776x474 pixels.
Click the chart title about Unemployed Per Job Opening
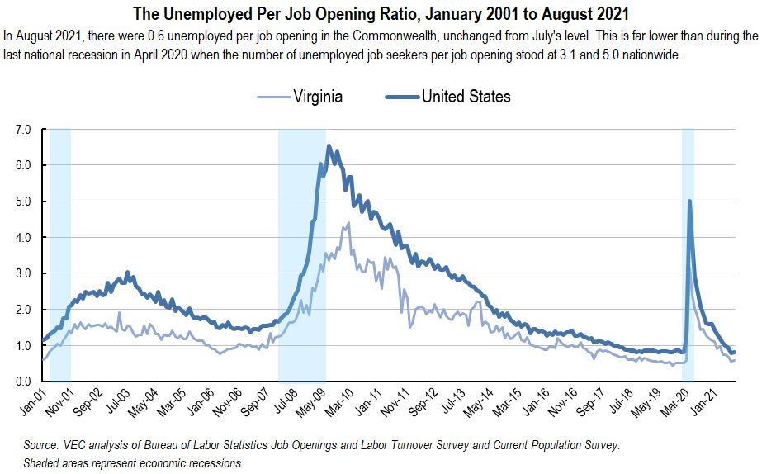pyautogui.click(x=387, y=13)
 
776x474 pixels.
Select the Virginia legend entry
pyautogui.click(x=317, y=97)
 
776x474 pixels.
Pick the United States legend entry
pyautogui.click(x=466, y=97)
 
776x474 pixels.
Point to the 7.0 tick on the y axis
pyautogui.click(x=23, y=130)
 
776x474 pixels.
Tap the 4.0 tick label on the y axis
pyautogui.click(x=23, y=238)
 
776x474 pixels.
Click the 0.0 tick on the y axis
pyautogui.click(x=23, y=382)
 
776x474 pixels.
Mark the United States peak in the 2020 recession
pyautogui.click(x=689, y=201)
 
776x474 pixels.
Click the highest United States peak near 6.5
pyautogui.click(x=329, y=146)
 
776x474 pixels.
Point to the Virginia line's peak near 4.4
pyautogui.click(x=348, y=223)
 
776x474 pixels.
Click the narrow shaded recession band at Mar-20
pyautogui.click(x=688, y=289)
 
